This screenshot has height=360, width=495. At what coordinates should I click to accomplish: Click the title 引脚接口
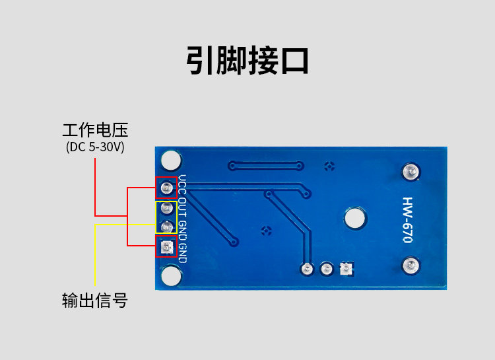point(247,60)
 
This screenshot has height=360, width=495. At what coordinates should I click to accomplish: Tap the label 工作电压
point(95,130)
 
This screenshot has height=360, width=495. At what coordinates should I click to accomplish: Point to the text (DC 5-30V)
point(95,147)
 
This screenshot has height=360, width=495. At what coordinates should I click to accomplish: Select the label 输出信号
point(94,301)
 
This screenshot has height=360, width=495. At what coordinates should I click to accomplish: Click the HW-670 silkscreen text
point(408,220)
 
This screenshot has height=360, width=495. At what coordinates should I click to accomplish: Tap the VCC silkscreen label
point(182,184)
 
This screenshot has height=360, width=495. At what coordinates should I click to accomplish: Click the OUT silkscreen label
point(182,207)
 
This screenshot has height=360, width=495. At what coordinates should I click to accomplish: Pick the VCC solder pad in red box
point(166,188)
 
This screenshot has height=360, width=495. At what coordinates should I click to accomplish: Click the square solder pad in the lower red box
point(166,246)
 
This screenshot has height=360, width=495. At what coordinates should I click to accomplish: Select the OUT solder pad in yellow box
point(166,208)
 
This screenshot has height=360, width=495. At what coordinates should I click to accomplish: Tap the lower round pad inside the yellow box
point(166,227)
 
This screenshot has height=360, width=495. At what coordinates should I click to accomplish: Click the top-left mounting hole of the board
point(171,160)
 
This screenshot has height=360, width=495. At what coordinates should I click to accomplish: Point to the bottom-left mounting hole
point(171,275)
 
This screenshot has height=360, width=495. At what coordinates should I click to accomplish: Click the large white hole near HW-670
point(355,218)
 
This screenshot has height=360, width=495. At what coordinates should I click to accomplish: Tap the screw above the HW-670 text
point(411,172)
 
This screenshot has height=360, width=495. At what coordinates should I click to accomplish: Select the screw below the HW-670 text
point(411,265)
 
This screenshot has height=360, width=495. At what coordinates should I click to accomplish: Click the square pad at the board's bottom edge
point(346,269)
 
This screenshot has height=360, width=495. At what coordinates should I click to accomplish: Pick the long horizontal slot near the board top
point(266,166)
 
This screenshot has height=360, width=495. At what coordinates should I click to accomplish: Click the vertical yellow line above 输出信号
point(95,255)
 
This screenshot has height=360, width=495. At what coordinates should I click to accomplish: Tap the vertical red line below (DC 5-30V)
point(95,187)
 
